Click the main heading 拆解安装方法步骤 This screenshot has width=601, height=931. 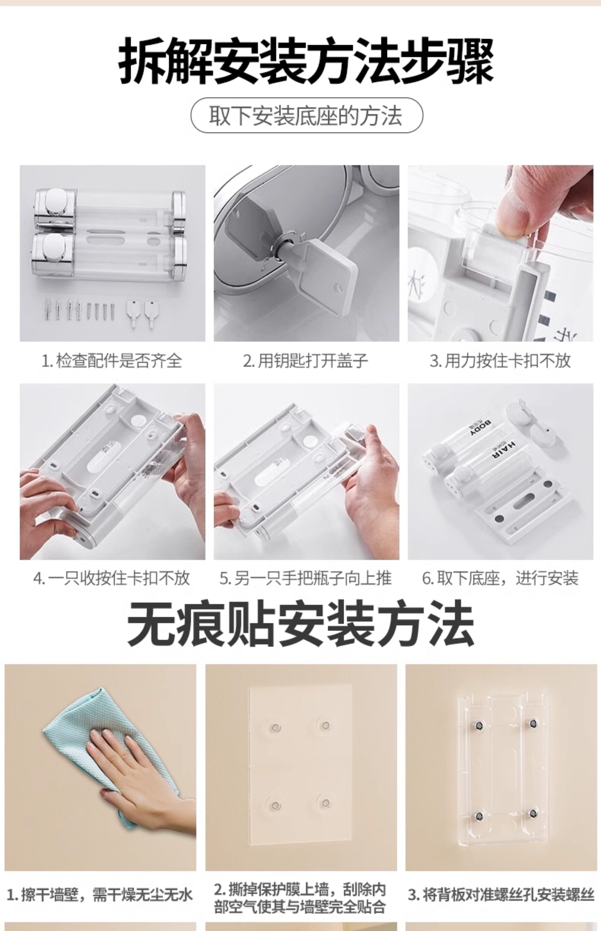(x=306, y=61)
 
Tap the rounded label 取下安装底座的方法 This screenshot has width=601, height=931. (x=306, y=116)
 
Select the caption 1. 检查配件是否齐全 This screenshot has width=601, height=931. (x=112, y=361)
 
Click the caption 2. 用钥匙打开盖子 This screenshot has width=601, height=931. (x=306, y=361)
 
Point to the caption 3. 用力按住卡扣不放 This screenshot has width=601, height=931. (x=500, y=361)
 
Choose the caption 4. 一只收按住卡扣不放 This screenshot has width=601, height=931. (x=112, y=578)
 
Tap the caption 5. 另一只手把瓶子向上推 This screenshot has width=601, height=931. (x=306, y=578)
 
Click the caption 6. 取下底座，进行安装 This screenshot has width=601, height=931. (x=500, y=578)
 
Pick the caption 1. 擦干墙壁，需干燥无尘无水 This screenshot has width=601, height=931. (x=100, y=895)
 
